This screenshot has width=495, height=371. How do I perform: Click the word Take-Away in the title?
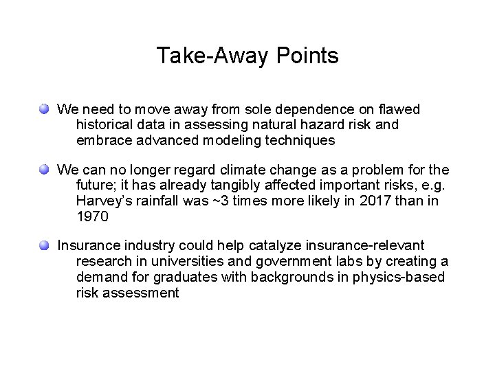pos(206,56)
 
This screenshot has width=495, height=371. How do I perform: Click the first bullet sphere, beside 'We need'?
pos(45,109)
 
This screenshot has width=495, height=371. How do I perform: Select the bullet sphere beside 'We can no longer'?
pos(45,169)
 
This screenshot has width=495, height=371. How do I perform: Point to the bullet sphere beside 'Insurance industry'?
pos(45,245)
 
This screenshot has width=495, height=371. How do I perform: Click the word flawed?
pos(399,109)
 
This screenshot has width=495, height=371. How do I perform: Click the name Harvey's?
pos(104,201)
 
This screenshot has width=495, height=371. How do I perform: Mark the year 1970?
pos(93,217)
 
